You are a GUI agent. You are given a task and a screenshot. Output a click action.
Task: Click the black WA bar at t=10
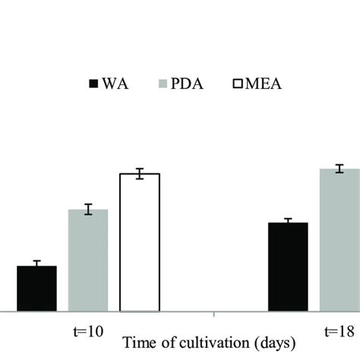point(36,289)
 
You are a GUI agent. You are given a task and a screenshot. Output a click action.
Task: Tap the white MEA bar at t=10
point(140,243)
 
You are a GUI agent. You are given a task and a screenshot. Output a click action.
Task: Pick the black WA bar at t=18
point(288,267)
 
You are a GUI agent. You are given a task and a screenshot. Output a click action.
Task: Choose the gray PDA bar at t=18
point(339,241)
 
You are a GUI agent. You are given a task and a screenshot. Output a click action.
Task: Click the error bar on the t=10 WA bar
point(36,264)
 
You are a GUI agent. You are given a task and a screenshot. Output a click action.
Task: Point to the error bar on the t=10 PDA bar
point(88,210)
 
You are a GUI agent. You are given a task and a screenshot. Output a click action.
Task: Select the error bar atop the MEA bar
point(140,174)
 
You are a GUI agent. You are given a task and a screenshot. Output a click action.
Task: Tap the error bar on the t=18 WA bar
point(288,221)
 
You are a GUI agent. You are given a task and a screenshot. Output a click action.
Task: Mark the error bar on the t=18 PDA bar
point(339,169)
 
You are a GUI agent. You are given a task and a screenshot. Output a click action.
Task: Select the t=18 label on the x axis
point(339,332)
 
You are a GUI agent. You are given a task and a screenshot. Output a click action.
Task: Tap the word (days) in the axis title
point(271,343)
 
